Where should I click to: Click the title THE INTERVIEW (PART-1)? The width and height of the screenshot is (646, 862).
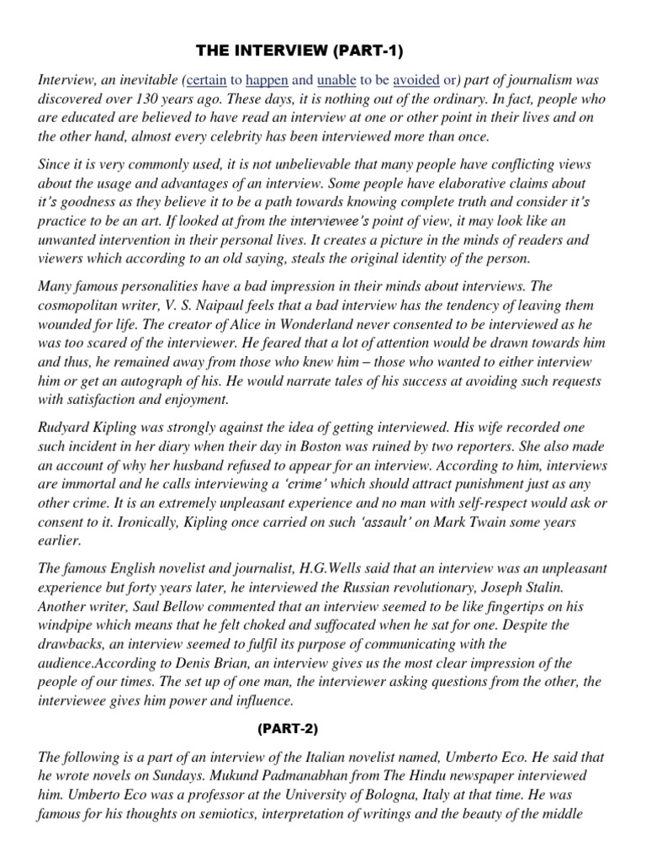pyautogui.click(x=300, y=52)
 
